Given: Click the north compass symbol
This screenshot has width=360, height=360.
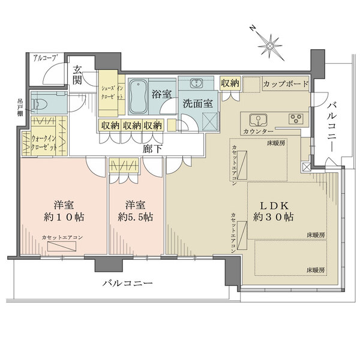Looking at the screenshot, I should point(272,44).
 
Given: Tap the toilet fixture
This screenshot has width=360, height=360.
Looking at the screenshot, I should point(41,104).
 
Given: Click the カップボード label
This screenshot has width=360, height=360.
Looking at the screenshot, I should point(285,83).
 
